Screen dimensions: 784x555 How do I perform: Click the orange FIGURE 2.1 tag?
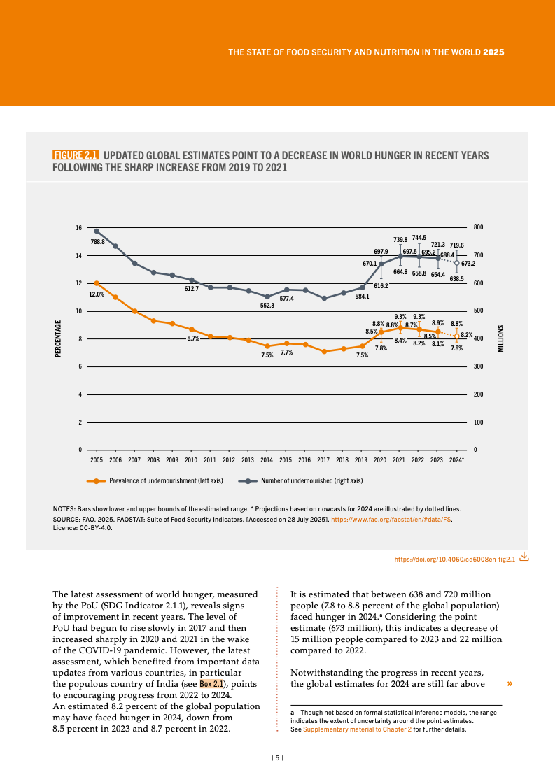tap(76, 155)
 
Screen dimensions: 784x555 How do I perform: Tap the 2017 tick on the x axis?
tap(323, 460)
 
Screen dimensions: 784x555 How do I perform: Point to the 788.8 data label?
tap(98, 242)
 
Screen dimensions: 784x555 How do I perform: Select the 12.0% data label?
tap(97, 294)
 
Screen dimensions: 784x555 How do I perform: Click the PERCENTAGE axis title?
tap(58, 338)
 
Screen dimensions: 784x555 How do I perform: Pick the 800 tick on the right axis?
tap(479, 228)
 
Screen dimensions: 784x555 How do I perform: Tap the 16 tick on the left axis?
tap(79, 228)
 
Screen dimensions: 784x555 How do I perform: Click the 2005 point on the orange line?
tap(97, 283)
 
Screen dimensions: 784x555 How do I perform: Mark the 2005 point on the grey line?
tap(97, 231)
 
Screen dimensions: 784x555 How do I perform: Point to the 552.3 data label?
tap(267, 306)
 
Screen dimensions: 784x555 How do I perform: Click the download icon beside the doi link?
tap(524, 557)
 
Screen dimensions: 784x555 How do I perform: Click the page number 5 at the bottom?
tap(277, 757)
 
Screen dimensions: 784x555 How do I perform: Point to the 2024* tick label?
tap(456, 460)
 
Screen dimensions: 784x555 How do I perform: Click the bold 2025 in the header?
tap(494, 52)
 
